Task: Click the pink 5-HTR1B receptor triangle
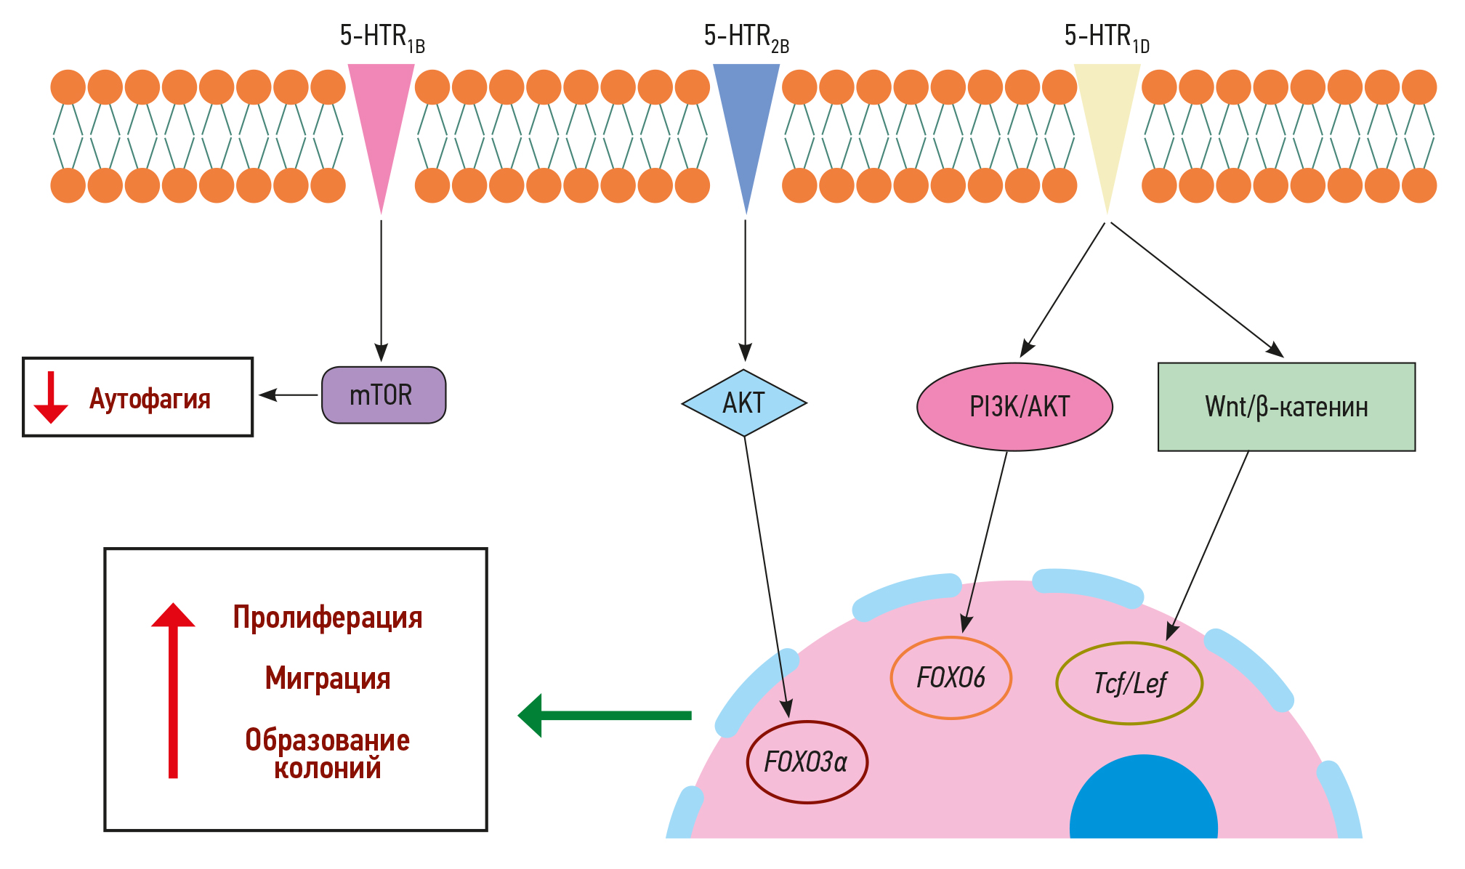(381, 116)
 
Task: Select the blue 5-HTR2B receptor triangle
(746, 116)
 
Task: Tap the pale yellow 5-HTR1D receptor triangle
(1107, 116)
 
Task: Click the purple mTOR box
(384, 395)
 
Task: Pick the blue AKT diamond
(744, 403)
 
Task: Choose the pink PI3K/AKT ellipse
(1014, 407)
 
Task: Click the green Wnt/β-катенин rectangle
(1286, 407)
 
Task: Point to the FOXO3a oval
(807, 762)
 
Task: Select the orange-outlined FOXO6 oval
(951, 678)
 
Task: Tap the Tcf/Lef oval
(1129, 683)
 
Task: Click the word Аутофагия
(150, 399)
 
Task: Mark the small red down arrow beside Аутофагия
(51, 397)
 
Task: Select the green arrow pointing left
(603, 716)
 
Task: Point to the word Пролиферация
(327, 618)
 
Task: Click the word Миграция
(327, 678)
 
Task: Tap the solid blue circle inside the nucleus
(1143, 799)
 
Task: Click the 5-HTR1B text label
(382, 36)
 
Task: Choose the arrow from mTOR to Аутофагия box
(288, 395)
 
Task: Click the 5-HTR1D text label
(1107, 36)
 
